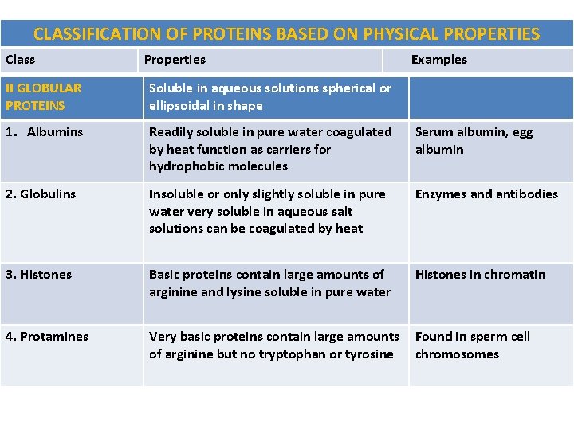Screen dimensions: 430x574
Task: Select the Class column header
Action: [21, 60]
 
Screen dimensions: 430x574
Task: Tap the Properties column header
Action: [175, 60]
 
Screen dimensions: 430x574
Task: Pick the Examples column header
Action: [438, 60]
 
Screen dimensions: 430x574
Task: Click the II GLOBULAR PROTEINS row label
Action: [43, 97]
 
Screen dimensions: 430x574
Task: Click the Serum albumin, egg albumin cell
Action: [474, 141]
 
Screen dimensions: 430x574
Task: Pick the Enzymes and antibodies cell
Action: [486, 194]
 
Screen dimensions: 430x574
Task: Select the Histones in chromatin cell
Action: [480, 275]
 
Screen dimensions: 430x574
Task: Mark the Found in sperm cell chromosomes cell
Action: [472, 346]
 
